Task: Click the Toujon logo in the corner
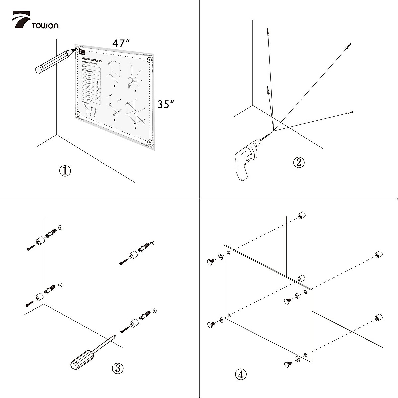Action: click(35, 21)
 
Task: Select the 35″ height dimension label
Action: click(166, 104)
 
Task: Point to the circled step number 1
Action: click(65, 171)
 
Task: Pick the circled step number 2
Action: click(298, 162)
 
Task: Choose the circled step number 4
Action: click(241, 374)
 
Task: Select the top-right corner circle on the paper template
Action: click(149, 60)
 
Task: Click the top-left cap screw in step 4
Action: click(211, 262)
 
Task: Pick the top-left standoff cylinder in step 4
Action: click(301, 215)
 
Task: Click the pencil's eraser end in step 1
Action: click(39, 69)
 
